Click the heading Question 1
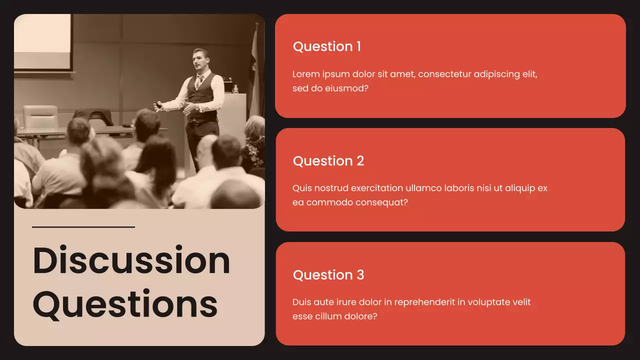click(326, 46)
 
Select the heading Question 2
click(328, 161)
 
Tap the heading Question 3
click(328, 275)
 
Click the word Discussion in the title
click(131, 260)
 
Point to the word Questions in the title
click(125, 304)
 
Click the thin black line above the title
click(83, 227)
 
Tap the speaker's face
click(200, 59)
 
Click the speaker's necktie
click(199, 80)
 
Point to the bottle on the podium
click(235, 88)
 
